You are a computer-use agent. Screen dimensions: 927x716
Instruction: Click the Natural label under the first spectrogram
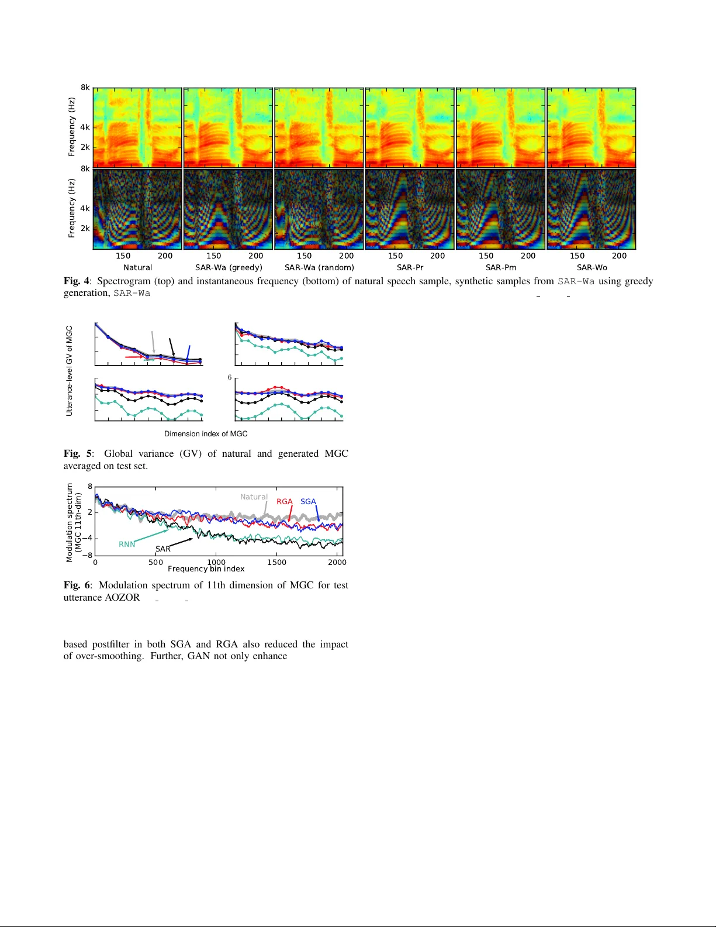[137, 267]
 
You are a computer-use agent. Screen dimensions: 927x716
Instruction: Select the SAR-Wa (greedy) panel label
[229, 267]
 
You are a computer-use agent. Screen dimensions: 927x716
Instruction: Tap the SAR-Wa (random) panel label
[319, 267]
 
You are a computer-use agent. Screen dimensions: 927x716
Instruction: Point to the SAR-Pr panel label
[410, 267]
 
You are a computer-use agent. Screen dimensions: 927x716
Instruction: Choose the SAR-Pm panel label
[501, 267]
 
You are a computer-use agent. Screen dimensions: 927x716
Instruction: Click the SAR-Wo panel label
[592, 267]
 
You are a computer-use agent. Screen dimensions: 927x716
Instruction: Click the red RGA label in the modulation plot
[284, 502]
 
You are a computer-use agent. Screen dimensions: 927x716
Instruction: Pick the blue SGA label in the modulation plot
[308, 502]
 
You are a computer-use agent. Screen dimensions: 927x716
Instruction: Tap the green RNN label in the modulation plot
[127, 544]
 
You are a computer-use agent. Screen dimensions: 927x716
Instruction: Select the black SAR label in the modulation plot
[163, 549]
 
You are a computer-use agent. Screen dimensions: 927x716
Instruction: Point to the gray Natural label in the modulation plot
[254, 497]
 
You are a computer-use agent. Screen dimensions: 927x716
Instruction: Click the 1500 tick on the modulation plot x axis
[276, 563]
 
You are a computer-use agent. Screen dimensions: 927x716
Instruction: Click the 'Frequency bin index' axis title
[206, 569]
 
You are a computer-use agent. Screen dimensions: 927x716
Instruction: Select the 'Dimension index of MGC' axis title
[206, 434]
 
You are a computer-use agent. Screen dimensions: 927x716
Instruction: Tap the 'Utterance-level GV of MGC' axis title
[70, 371]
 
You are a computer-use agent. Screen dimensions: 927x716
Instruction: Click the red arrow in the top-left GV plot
[134, 357]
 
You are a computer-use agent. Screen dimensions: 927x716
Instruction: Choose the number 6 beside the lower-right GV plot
[230, 377]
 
